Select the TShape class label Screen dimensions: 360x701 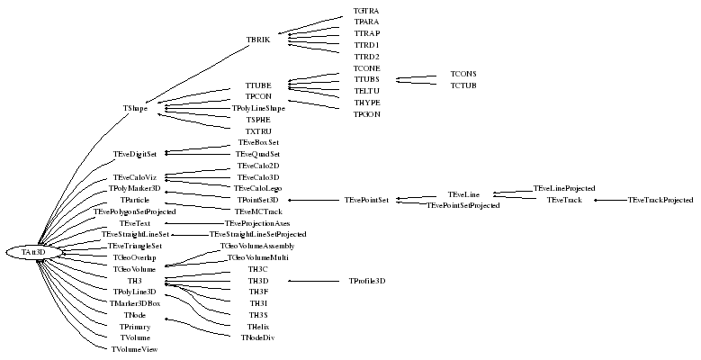(x=135, y=108)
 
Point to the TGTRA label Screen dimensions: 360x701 (x=366, y=10)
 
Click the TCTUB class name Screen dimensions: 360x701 (x=463, y=85)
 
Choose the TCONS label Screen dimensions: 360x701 (x=463, y=74)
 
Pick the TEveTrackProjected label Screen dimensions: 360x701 (x=661, y=200)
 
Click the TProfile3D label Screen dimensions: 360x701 (x=367, y=281)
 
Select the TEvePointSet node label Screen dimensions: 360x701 (x=366, y=200)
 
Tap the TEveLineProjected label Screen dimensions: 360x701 (x=564, y=188)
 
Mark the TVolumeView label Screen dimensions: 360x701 (x=133, y=348)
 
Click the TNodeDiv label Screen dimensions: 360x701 (x=258, y=337)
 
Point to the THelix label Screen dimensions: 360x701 (x=258, y=326)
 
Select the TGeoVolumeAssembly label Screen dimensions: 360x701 (x=257, y=246)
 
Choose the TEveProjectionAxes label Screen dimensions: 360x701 (x=257, y=223)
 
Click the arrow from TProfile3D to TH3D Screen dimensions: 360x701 (x=315, y=281)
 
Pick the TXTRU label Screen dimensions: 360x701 (x=258, y=131)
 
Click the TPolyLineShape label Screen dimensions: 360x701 (x=258, y=108)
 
